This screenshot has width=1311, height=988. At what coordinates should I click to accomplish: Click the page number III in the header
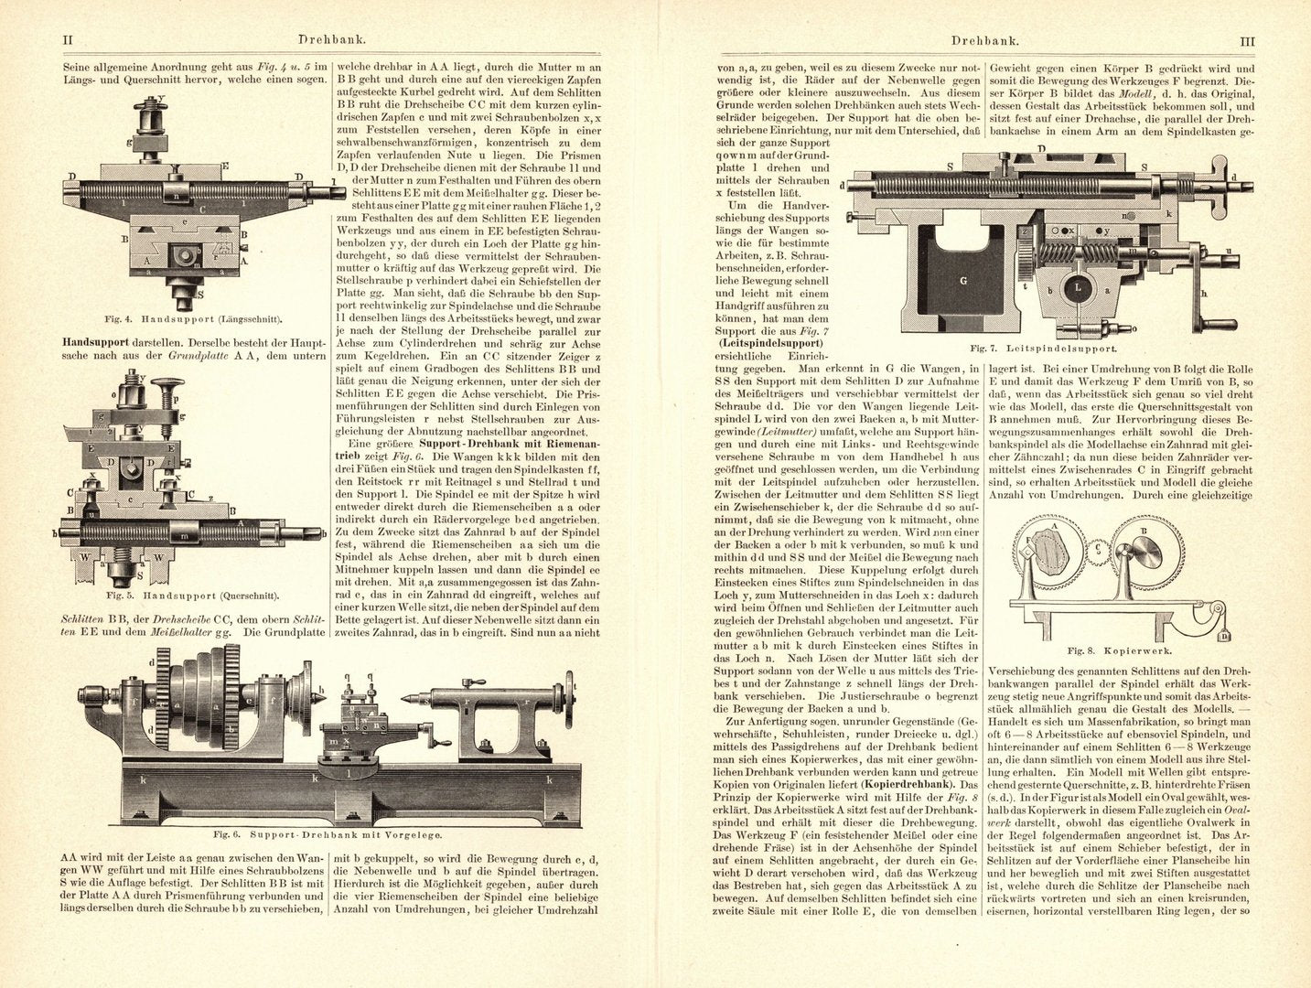(x=1245, y=41)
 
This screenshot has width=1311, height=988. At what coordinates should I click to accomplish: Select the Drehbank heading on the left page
(x=327, y=41)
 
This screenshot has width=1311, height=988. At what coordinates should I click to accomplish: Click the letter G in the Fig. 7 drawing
(x=962, y=281)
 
